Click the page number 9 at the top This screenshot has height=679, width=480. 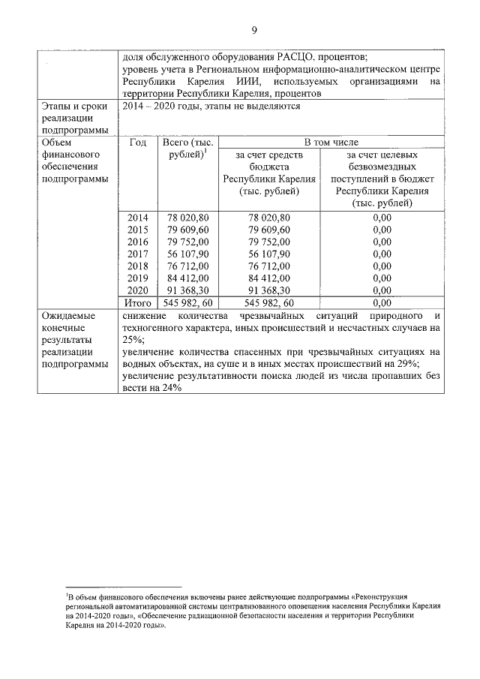(x=254, y=30)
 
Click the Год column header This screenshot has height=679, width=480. (x=138, y=143)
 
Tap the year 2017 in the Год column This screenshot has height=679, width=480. (x=138, y=254)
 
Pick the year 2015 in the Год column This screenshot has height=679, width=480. (x=138, y=230)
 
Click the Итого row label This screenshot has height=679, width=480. (x=138, y=302)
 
